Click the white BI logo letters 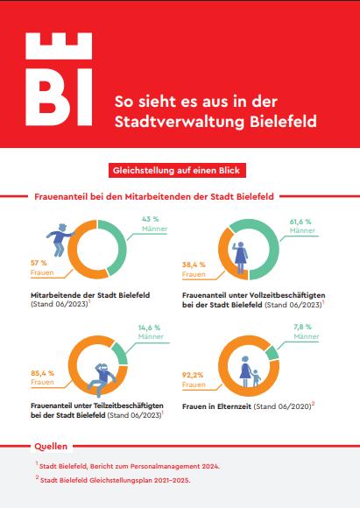click(x=59, y=97)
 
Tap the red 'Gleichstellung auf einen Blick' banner click(x=177, y=171)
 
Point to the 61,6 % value click(x=300, y=222)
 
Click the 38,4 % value click(x=194, y=265)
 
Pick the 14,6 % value click(x=149, y=328)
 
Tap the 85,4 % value click(x=42, y=373)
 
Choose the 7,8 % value click(x=303, y=327)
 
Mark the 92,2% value click(x=193, y=375)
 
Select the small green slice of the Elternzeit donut click(x=272, y=353)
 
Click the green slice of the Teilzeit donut click(x=121, y=353)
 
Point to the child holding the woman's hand click(x=257, y=378)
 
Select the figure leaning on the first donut click(x=60, y=240)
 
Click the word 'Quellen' click(x=51, y=447)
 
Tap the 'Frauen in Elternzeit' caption click(x=216, y=406)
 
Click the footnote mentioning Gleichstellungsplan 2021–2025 click(x=113, y=480)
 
